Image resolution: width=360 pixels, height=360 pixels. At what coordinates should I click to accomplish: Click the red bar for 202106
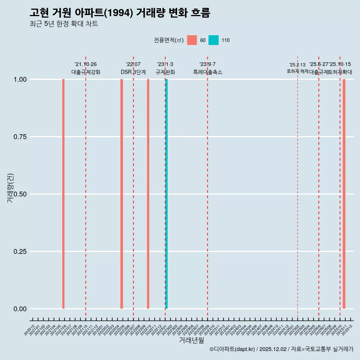point(63,194)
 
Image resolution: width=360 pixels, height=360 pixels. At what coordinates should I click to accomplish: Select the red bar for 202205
point(121,194)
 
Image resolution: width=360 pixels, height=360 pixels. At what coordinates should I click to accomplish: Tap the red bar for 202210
point(148,194)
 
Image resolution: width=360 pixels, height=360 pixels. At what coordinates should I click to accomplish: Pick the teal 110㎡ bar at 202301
point(166,194)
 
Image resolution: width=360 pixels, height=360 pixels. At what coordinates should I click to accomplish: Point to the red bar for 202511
point(344,194)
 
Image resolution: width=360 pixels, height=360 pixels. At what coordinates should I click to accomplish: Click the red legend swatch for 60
point(192,40)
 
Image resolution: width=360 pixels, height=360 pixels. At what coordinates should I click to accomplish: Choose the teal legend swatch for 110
point(213,40)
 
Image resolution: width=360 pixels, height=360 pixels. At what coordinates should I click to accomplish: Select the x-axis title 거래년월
point(192,340)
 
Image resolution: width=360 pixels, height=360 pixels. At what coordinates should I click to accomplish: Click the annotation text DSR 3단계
point(133,72)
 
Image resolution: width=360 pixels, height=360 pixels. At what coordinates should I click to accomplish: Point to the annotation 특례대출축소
point(208,72)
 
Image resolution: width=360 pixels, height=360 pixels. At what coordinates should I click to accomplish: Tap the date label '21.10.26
point(85,64)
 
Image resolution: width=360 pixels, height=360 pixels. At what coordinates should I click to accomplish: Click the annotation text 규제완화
point(165,72)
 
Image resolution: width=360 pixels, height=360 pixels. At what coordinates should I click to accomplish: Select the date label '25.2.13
point(297,65)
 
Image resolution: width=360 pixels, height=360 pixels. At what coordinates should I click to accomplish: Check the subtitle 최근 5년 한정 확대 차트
point(64,24)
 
